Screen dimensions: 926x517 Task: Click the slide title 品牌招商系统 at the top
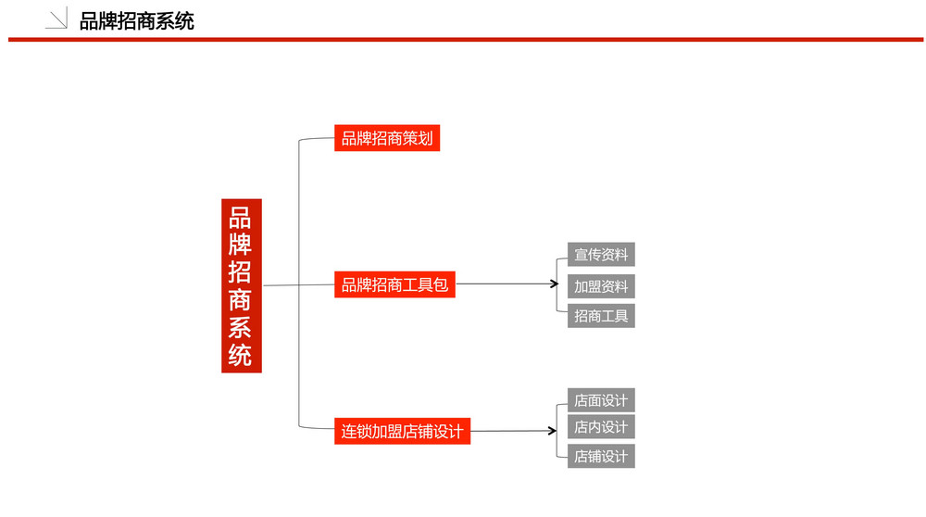click(136, 21)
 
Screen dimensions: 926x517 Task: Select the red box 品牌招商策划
click(387, 138)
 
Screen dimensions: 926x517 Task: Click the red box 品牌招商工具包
click(394, 284)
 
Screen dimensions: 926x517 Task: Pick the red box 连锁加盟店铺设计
click(402, 432)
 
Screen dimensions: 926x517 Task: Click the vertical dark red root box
click(242, 286)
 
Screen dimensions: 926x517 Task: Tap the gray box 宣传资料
click(601, 255)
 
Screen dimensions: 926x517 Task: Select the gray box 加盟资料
click(601, 286)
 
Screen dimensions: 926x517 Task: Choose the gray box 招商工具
click(601, 316)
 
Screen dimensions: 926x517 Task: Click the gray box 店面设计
click(601, 400)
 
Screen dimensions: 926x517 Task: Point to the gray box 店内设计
click(601, 426)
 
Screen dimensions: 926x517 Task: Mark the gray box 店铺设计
click(601, 456)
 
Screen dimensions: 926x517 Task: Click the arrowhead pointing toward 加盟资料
click(555, 284)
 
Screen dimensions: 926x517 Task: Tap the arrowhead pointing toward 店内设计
click(554, 431)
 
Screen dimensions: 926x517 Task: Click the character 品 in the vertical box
click(241, 218)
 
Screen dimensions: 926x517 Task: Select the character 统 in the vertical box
click(241, 355)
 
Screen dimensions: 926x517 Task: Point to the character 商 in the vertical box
click(241, 300)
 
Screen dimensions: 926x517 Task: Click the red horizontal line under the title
click(466, 40)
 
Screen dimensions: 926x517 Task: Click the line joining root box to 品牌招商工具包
click(299, 284)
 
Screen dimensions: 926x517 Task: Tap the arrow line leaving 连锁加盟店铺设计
click(514, 431)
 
